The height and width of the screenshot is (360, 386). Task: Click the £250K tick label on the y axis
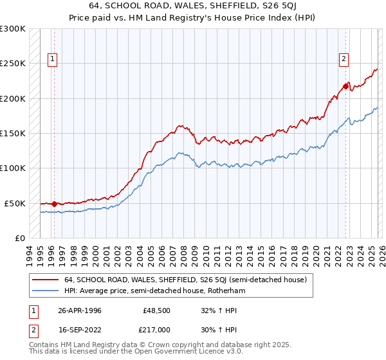(13, 64)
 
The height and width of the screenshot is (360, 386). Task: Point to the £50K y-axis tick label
(15, 203)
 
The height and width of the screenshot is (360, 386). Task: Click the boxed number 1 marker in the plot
(53, 59)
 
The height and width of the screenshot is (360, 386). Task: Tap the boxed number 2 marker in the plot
(344, 59)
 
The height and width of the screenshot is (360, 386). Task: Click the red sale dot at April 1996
(54, 204)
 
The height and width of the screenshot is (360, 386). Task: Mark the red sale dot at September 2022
(345, 85)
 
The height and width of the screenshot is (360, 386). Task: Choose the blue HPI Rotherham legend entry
(155, 291)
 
